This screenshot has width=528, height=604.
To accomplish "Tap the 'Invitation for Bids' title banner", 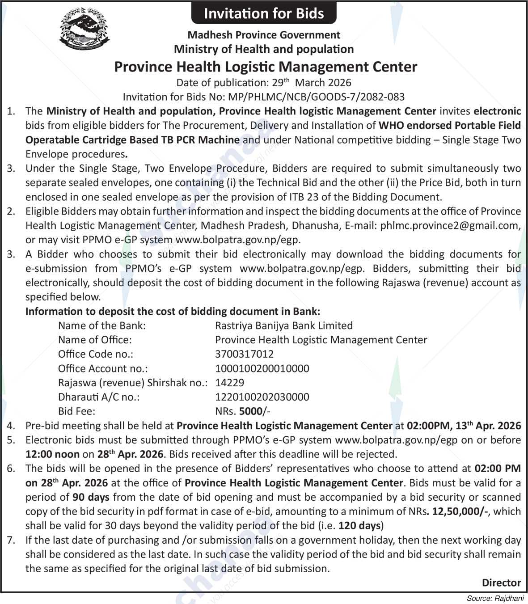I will tap(264, 13).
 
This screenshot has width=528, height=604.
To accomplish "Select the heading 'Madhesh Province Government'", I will tap(264, 34).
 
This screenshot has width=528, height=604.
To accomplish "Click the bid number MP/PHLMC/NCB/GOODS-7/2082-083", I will tap(316, 97).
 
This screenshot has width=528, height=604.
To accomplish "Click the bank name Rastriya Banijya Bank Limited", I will tap(284, 325).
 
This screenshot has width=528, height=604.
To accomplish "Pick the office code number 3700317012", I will tap(244, 354).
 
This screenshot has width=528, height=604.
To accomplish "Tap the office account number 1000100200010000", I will tap(262, 368).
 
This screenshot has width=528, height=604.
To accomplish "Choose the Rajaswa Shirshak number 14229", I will tap(230, 383).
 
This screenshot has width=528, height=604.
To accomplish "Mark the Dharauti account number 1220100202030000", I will tap(262, 397).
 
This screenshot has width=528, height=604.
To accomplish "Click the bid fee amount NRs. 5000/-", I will tap(243, 411).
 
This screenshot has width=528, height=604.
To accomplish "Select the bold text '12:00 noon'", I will tap(52, 454).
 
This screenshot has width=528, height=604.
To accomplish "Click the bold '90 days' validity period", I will tap(91, 497).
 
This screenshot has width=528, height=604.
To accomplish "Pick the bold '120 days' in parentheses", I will tap(359, 526).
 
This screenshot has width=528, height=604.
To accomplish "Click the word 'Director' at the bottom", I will tap(501, 583).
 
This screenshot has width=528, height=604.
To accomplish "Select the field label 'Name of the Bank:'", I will tap(102, 325).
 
